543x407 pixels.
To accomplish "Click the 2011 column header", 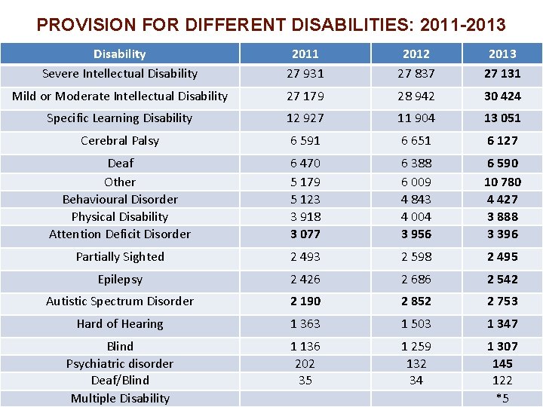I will [x=305, y=54].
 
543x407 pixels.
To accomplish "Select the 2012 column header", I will [x=416, y=54].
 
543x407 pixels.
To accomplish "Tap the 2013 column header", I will [x=502, y=54].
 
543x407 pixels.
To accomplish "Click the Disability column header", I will [x=119, y=54].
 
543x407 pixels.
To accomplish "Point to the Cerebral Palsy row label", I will [x=120, y=140].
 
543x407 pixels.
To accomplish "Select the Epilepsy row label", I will [x=120, y=279].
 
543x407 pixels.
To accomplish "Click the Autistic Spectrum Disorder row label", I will [x=120, y=301].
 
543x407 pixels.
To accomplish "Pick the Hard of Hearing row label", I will [x=120, y=323].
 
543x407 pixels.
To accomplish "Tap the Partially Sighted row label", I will [x=120, y=256].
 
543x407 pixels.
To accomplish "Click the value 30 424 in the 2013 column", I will [x=502, y=96].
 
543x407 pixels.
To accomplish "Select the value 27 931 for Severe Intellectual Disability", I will [x=305, y=73].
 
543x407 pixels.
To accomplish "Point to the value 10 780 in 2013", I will [x=502, y=182].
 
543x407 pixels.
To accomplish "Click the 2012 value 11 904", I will [x=416, y=118].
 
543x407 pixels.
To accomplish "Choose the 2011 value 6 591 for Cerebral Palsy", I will [x=305, y=140].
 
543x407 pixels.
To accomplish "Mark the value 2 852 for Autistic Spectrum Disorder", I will [x=416, y=301].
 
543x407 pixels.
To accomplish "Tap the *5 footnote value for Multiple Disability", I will [x=502, y=398].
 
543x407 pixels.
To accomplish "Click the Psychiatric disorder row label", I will [x=120, y=363].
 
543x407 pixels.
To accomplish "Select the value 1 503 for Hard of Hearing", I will [x=416, y=323].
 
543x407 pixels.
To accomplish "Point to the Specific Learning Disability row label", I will [x=120, y=118].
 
